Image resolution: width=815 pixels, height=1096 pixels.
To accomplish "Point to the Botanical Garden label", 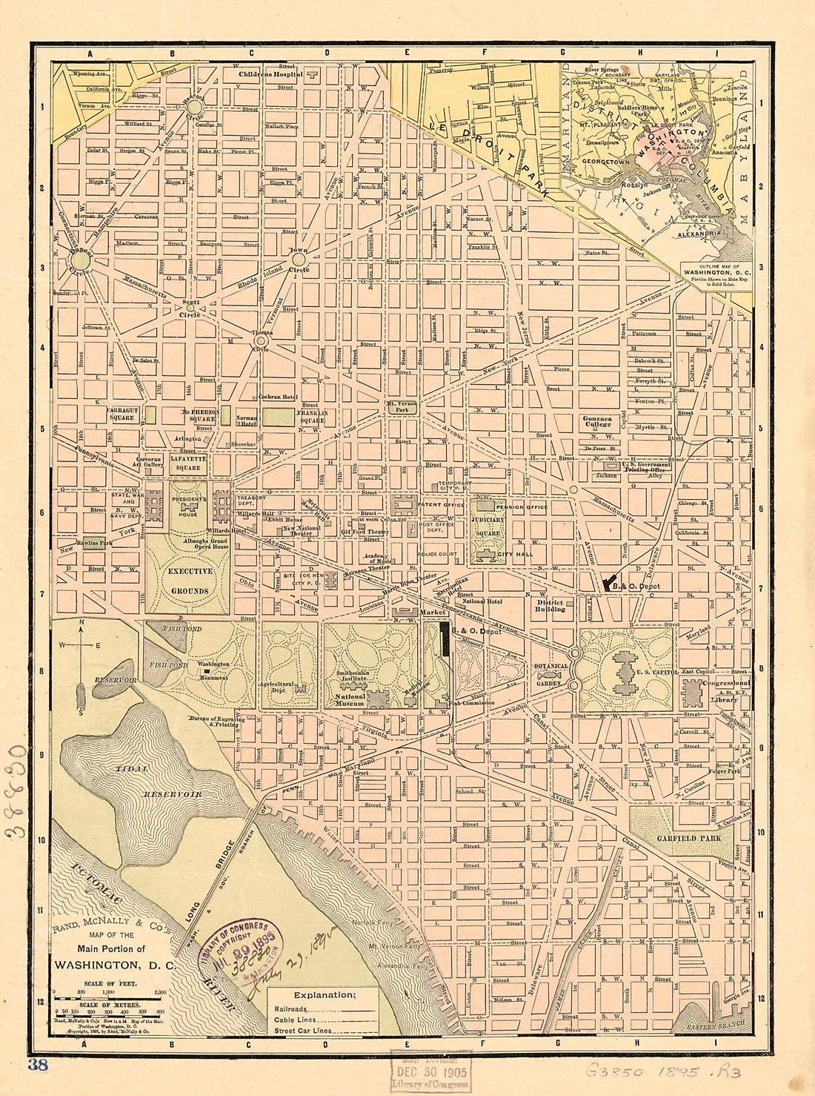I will point(551,670).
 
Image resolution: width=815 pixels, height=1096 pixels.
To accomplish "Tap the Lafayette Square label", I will point(187,463).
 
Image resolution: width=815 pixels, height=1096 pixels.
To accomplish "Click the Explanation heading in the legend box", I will point(325,995).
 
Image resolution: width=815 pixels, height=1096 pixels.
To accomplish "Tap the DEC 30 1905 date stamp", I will point(430,1072).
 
